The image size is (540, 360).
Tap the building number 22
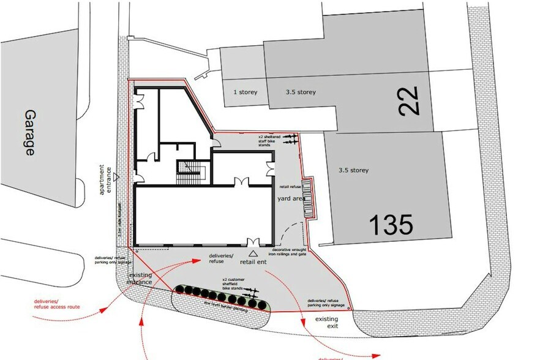coord(410,101)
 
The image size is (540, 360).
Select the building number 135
coord(390,225)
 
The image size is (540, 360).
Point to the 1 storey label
coord(245,92)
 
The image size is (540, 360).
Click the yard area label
coord(291,199)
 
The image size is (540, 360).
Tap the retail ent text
coord(253,262)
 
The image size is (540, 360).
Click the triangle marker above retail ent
coord(252,252)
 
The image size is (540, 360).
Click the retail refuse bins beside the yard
coord(310,197)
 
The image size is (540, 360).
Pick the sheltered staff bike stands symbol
coord(289,137)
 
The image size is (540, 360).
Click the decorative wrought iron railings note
coord(289,252)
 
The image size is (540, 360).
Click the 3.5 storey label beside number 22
coord(301,92)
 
